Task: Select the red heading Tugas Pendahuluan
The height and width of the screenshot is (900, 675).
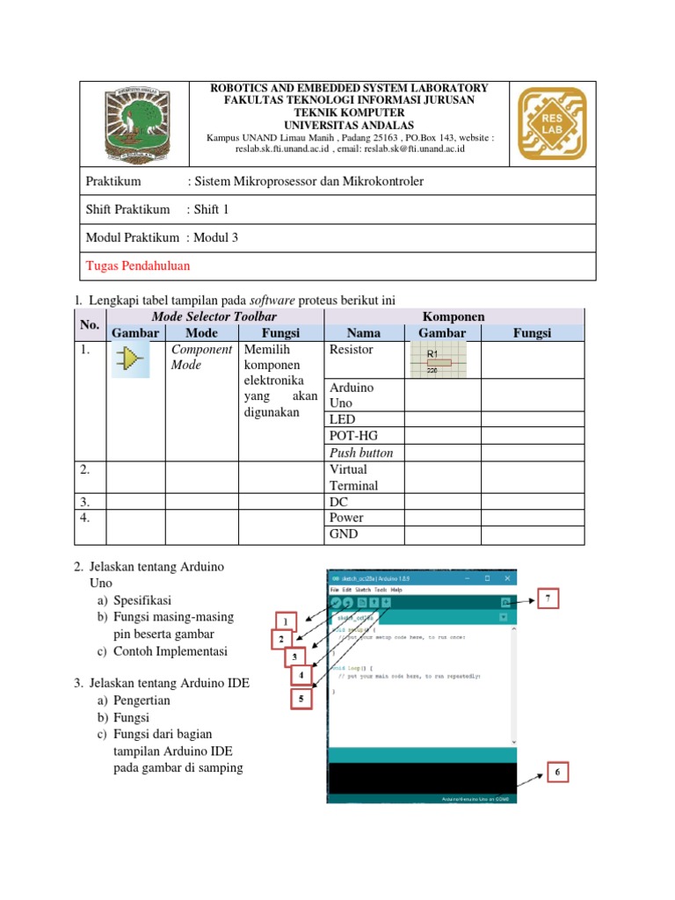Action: [x=137, y=265]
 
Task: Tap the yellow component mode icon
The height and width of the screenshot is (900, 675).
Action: [x=130, y=359]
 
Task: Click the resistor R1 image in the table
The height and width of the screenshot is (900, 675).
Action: [x=439, y=359]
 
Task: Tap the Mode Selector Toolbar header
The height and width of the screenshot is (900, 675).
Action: [x=214, y=316]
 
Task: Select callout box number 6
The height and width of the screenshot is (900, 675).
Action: [x=557, y=773]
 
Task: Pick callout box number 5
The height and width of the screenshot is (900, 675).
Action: [x=301, y=700]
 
